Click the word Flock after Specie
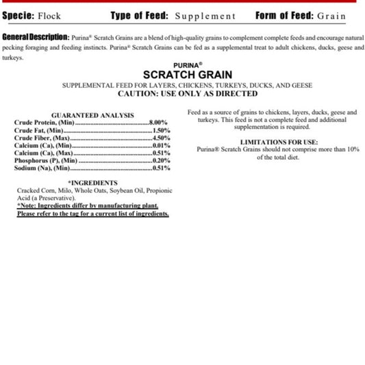click(49, 16)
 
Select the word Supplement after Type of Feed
click(205, 16)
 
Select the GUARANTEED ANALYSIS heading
click(92, 115)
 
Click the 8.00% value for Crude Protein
click(159, 123)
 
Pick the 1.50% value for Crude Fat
click(161, 130)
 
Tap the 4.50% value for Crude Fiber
click(161, 138)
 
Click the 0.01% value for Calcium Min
click(161, 145)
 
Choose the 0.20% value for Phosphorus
click(161, 160)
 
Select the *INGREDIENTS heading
click(92, 183)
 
